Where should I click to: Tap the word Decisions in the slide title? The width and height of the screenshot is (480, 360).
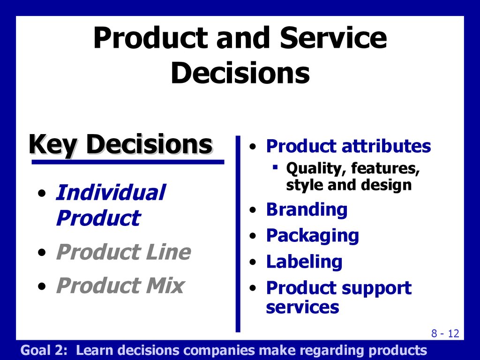coord(240,73)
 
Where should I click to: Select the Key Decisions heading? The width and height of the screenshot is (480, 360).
coord(120,144)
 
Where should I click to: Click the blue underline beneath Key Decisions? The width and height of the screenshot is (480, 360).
coord(128,162)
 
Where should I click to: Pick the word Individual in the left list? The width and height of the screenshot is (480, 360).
coord(111,193)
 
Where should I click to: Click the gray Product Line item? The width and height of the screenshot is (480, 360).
coord(123,252)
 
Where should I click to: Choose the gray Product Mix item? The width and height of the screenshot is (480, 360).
coord(120,285)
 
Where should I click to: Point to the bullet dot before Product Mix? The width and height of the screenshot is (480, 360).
coord(42,286)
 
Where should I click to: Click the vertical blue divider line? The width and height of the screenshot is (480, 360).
coord(238,234)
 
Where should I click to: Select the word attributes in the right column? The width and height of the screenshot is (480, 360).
coord(386,146)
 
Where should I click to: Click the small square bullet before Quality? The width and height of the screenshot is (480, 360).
coord(275,167)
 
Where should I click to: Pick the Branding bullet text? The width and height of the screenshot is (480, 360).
coord(307,210)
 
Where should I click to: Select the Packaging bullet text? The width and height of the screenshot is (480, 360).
coord(312,236)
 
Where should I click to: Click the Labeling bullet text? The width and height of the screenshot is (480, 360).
coord(304,262)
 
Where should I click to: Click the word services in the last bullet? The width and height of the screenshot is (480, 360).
coord(302,307)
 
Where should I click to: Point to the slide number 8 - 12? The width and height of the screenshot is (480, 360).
coord(445,333)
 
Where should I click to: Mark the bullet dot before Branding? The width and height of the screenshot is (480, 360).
coord(253,210)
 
